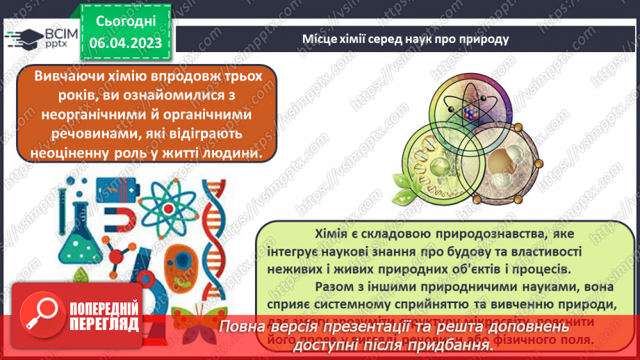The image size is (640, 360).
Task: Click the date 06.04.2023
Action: click(125, 43)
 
